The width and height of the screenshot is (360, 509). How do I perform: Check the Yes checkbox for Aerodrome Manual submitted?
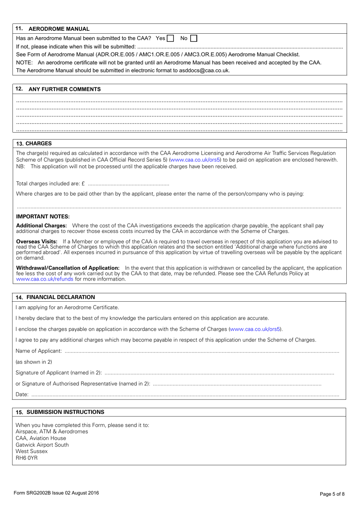(x=170, y=38)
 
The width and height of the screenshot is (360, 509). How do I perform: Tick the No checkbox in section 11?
(x=194, y=38)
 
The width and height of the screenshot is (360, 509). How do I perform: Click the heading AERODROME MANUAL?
(x=59, y=29)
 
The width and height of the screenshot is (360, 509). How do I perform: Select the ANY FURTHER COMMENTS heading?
(x=64, y=89)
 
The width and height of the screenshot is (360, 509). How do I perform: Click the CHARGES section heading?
(x=38, y=144)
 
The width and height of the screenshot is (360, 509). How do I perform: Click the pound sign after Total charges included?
(x=83, y=184)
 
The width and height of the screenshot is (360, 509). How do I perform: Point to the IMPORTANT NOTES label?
(x=43, y=217)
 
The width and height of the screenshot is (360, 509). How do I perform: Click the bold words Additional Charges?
(x=41, y=226)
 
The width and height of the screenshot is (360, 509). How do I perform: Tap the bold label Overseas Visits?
(x=37, y=241)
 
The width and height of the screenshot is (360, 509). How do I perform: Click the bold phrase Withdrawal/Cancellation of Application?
(x=68, y=268)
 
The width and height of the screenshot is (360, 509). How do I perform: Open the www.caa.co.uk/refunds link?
(x=45, y=279)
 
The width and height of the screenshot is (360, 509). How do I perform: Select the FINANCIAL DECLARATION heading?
(x=61, y=298)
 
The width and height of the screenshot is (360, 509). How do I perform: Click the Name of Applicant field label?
(x=38, y=351)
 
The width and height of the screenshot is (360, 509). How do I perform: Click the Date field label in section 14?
(x=22, y=395)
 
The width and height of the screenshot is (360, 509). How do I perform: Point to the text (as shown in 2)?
(x=34, y=362)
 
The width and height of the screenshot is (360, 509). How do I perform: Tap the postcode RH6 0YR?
(x=27, y=458)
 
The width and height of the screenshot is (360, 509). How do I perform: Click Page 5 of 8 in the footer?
(x=332, y=494)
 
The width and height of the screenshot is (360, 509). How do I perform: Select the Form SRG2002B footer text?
(x=56, y=493)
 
